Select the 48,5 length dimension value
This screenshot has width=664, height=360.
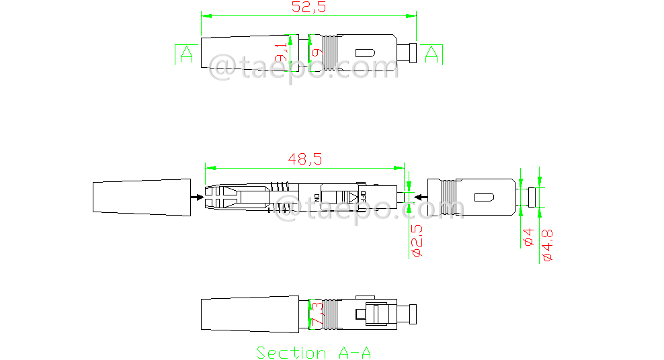(305, 159)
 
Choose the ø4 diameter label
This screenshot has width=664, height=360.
(528, 237)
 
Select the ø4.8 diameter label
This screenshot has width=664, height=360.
(546, 244)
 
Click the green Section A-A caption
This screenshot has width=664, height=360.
(313, 352)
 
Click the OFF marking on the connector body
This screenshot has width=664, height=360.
(363, 197)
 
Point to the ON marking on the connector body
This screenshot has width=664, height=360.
(317, 197)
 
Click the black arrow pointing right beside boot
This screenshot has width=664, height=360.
(196, 197)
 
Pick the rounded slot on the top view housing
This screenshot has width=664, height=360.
(364, 52)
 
